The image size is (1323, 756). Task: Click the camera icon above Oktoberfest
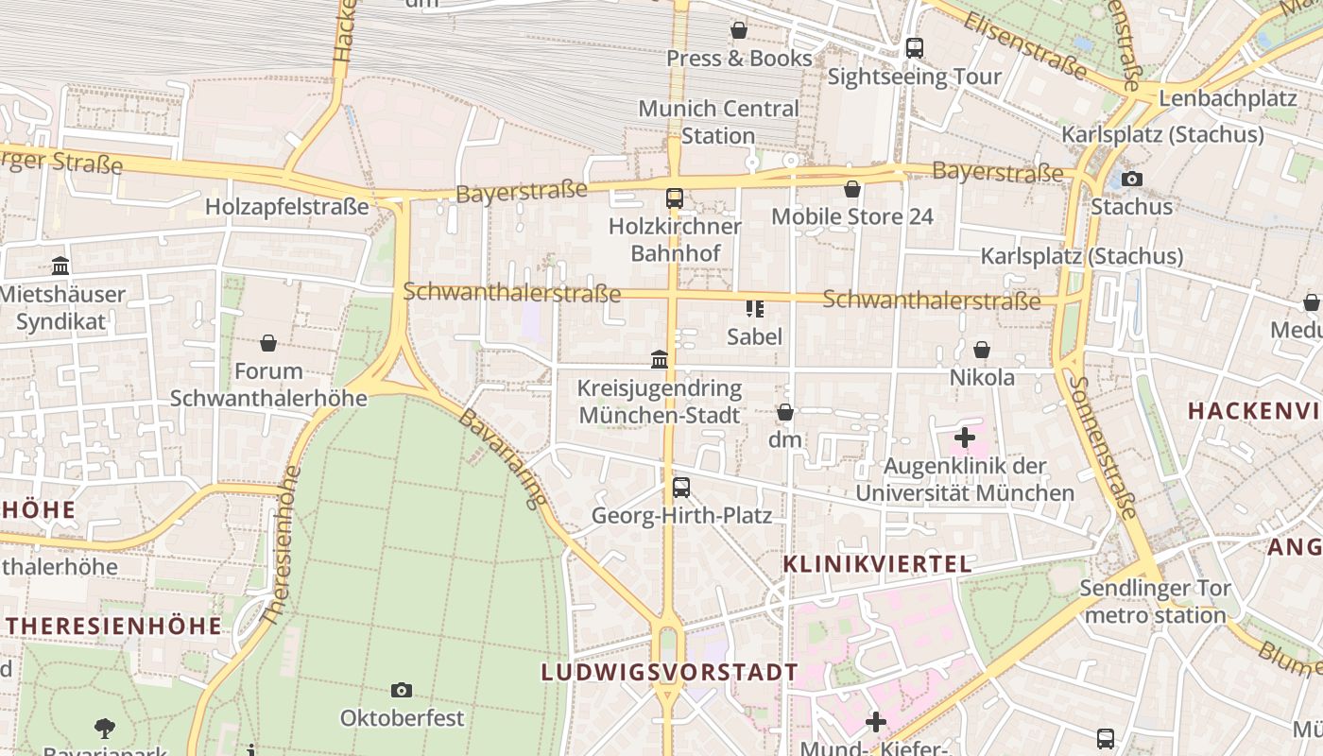tap(402, 690)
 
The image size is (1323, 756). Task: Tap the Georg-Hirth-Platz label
tap(681, 516)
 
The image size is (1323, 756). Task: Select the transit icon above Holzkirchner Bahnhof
tap(674, 198)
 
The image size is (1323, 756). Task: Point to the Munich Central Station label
tap(718, 122)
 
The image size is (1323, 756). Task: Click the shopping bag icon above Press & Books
tap(739, 30)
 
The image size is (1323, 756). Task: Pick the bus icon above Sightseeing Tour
tap(914, 47)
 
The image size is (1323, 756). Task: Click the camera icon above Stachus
tap(1131, 179)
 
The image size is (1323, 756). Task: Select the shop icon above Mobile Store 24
tap(852, 189)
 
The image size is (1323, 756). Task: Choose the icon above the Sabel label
tap(754, 308)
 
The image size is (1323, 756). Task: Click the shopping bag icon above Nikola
tap(982, 350)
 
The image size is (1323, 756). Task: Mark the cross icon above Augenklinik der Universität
tap(964, 438)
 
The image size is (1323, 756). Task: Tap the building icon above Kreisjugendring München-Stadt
tap(660, 360)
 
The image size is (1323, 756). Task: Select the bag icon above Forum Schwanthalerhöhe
tap(268, 343)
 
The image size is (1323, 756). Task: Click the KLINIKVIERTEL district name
tap(877, 564)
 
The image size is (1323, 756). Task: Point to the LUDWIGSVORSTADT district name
tap(669, 673)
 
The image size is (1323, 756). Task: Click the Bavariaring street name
tap(502, 457)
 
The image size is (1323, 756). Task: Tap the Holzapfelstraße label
tap(286, 206)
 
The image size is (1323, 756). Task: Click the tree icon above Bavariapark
tap(105, 729)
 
